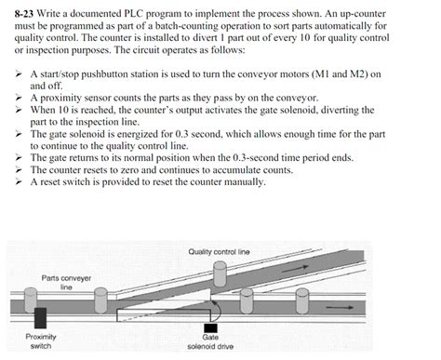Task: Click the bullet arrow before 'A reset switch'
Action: point(18,182)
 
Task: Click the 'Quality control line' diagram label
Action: point(219,251)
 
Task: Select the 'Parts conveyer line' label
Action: point(66,283)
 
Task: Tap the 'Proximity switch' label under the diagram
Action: point(40,341)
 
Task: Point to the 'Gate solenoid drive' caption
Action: point(210,341)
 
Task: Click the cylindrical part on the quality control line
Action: point(220,272)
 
